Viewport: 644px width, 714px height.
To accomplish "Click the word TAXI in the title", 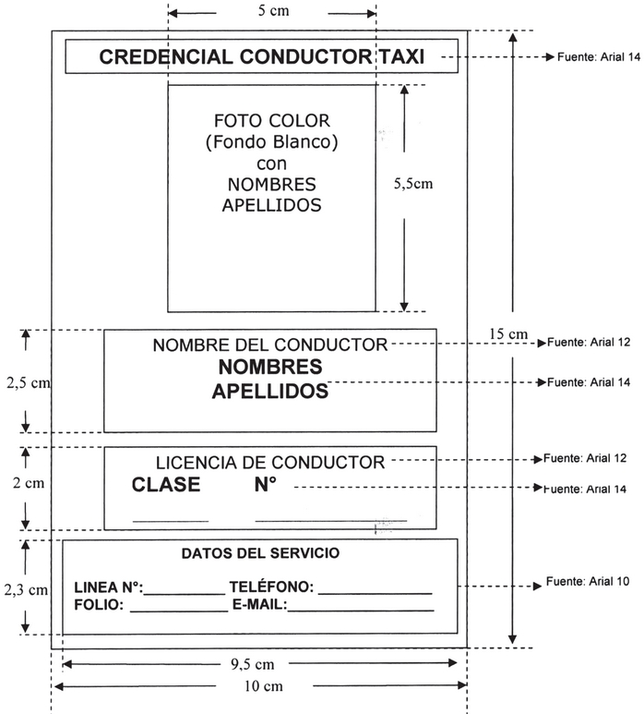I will tap(401, 57).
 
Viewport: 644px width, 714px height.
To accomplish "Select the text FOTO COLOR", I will tap(271, 121).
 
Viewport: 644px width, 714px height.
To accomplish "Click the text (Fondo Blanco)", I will tap(271, 142).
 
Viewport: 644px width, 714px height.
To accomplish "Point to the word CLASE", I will tap(166, 486).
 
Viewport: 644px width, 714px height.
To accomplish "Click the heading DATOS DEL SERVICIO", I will tap(260, 554).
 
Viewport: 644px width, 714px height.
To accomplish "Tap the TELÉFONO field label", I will tap(271, 587).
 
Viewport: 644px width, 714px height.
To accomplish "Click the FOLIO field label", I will tap(97, 606).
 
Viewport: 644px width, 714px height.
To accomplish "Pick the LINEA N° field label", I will tap(107, 587).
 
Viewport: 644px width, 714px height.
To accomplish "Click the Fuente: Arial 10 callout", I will tap(588, 582).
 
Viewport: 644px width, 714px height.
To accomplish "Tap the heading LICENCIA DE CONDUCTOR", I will tap(270, 463).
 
